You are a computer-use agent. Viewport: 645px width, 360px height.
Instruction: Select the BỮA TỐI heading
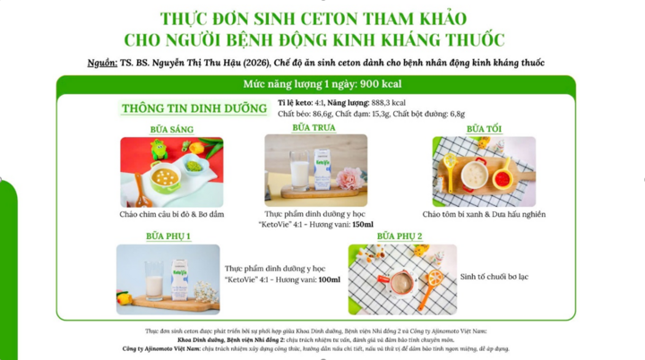coord(484,129)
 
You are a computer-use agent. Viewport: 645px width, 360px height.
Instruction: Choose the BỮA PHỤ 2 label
coord(399,236)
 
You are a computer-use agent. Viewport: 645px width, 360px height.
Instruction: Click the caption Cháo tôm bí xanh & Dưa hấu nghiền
coord(484,215)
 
